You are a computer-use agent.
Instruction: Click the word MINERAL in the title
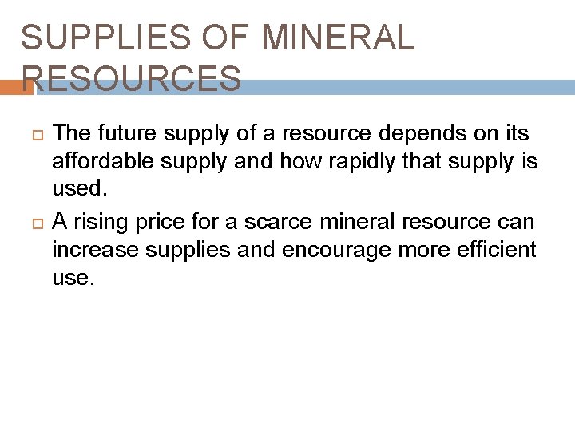pyautogui.click(x=338, y=38)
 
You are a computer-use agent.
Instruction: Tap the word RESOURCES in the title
pyautogui.click(x=131, y=78)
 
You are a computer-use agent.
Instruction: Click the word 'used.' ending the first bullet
pyautogui.click(x=78, y=190)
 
